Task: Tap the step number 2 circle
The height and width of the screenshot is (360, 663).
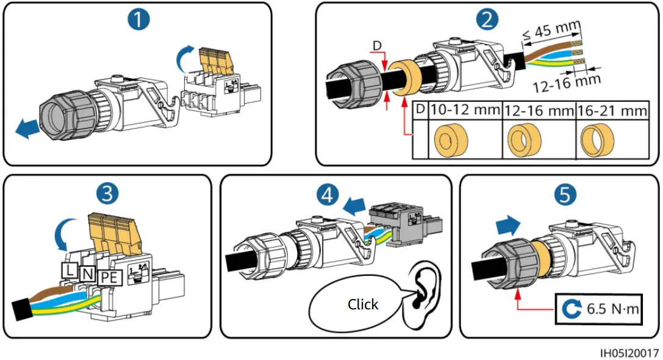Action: (x=486, y=20)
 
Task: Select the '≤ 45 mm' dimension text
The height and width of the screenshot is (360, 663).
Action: (x=552, y=31)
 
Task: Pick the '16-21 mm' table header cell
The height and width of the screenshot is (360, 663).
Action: (x=613, y=110)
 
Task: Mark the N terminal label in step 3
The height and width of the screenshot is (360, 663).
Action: (x=87, y=274)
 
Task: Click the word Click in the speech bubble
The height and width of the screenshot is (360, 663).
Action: (x=363, y=304)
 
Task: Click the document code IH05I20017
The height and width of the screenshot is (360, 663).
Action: (x=629, y=353)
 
